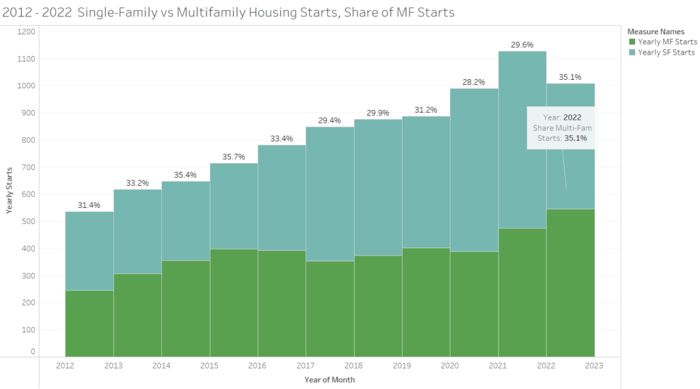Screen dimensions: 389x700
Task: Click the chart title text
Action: pyautogui.click(x=229, y=12)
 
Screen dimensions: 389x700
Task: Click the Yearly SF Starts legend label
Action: pyautogui.click(x=666, y=53)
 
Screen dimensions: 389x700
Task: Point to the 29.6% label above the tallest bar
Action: pyautogui.click(x=522, y=44)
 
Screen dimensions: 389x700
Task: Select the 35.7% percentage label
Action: pyautogui.click(x=234, y=157)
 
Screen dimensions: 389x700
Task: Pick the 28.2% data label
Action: pyautogui.click(x=474, y=82)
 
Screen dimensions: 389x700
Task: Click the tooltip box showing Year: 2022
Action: pyautogui.click(x=561, y=128)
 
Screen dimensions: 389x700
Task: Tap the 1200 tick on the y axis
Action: pyautogui.click(x=27, y=31)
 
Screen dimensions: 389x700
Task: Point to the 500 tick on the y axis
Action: pyautogui.click(x=28, y=221)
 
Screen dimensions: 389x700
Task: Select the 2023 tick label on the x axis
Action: pyautogui.click(x=594, y=366)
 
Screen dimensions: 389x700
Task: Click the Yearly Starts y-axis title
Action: pyautogui.click(x=10, y=191)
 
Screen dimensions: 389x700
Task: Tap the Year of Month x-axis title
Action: pyautogui.click(x=330, y=379)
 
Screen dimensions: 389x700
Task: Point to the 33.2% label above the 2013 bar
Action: pyautogui.click(x=137, y=183)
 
